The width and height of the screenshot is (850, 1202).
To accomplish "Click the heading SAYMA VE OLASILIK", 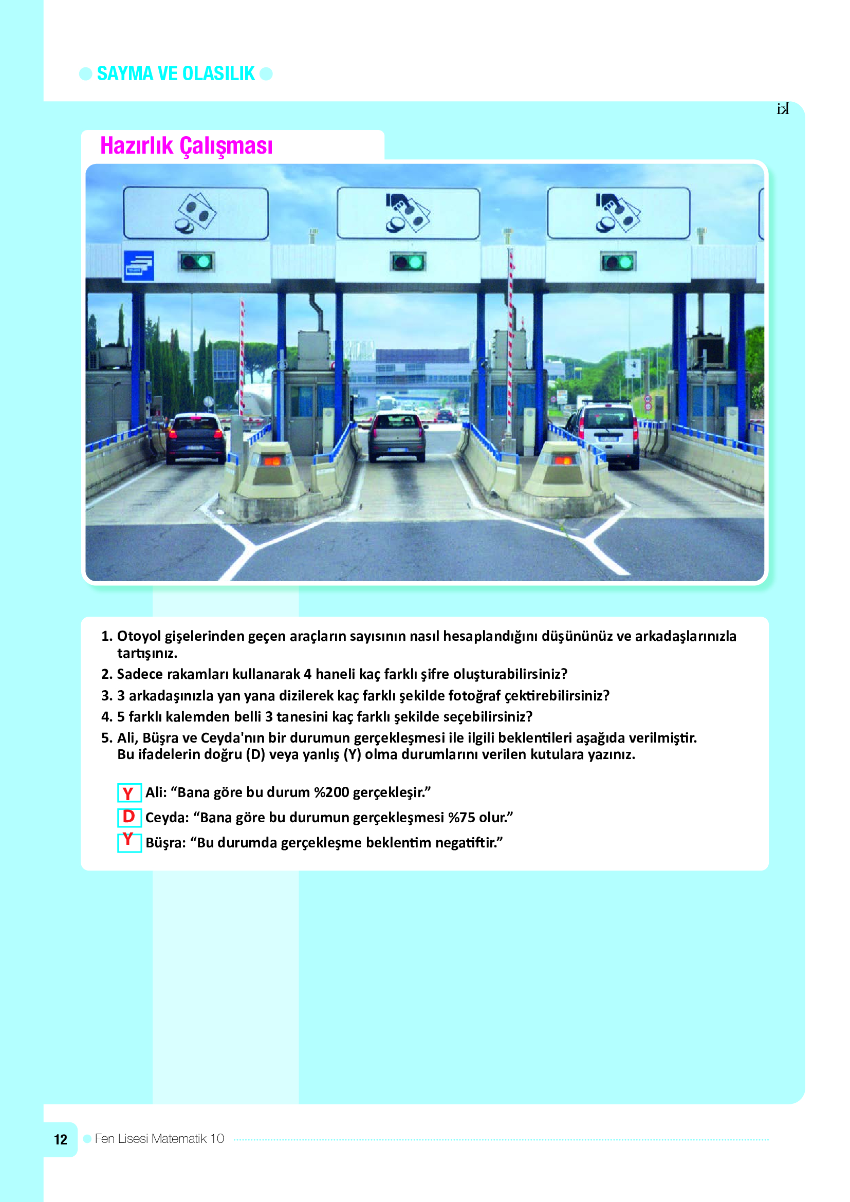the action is [x=176, y=74].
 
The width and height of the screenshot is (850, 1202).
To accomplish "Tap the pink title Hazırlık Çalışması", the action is [x=187, y=146].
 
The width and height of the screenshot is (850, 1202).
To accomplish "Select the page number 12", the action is [x=61, y=1140].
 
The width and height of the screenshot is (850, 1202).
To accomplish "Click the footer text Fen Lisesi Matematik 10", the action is [x=160, y=1139].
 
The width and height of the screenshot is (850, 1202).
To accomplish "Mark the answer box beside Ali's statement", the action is [x=130, y=792].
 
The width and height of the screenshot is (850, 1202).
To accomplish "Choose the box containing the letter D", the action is [x=130, y=817].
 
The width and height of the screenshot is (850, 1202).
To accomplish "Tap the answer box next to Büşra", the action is [x=130, y=841].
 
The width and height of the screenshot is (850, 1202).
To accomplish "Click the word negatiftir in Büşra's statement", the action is [x=469, y=842].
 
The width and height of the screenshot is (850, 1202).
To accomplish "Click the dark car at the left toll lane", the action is [x=196, y=438].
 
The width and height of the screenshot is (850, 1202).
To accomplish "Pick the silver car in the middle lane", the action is [x=397, y=436].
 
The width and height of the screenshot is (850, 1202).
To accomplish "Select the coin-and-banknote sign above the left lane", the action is [x=196, y=214].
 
